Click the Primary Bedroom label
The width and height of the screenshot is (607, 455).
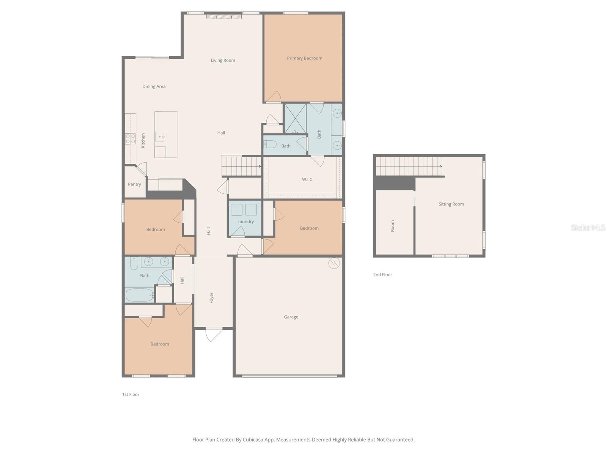click(304, 58)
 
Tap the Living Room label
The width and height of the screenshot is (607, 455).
click(223, 61)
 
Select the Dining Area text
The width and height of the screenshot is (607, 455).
click(154, 86)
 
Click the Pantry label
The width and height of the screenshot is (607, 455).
click(134, 184)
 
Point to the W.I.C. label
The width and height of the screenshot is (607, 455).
click(307, 180)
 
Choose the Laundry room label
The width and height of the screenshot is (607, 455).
click(245, 221)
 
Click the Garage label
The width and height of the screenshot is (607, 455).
click(291, 317)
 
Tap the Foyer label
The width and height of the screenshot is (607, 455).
click(211, 298)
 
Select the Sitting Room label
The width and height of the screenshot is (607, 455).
click(451, 204)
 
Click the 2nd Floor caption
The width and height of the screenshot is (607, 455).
click(382, 275)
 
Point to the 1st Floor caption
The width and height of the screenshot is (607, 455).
click(131, 394)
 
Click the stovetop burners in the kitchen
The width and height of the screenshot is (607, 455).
click(130, 139)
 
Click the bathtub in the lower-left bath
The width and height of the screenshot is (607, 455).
click(139, 295)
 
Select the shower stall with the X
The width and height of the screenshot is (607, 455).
click(295, 119)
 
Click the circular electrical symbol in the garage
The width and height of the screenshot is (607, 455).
click(334, 263)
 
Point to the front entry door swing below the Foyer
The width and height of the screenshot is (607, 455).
click(214, 334)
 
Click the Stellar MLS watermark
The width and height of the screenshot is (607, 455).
click(588, 227)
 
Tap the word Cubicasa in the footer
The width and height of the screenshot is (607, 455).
click(253, 439)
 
